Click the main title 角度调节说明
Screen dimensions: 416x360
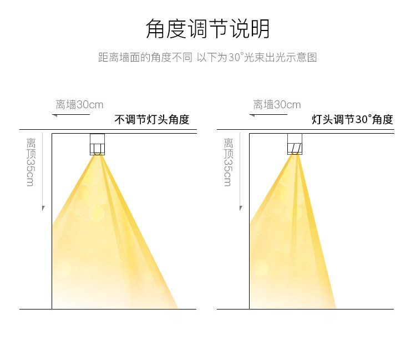207,29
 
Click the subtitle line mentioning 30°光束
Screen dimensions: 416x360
207,58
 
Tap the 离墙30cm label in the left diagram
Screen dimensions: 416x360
79,104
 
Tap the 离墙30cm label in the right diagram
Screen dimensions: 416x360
277,104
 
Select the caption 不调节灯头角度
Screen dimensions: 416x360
151,120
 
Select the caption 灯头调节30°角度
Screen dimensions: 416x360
352,120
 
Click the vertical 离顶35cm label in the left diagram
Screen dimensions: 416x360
30,161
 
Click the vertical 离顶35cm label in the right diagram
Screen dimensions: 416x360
227,161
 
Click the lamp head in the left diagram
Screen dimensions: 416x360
97,144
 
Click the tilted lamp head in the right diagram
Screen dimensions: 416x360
295,144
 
